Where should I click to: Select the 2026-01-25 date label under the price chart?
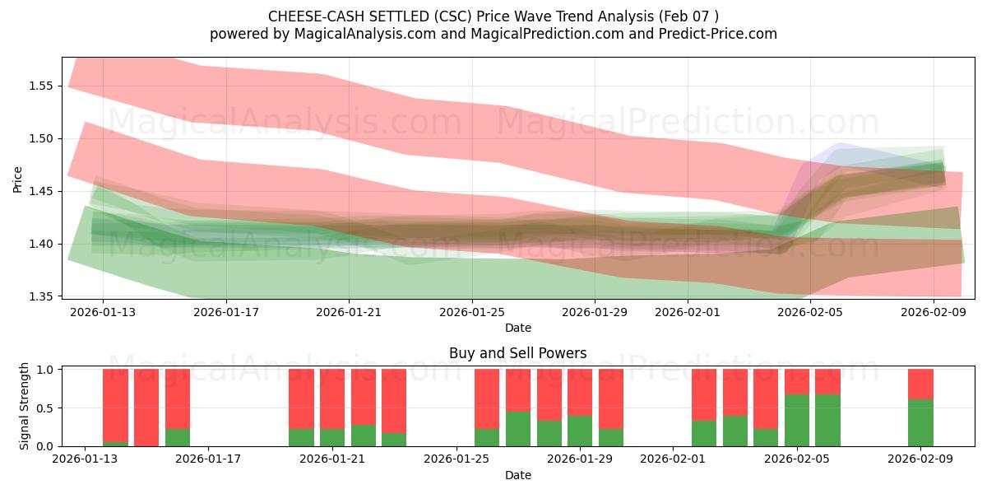472,313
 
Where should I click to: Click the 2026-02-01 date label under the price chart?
687,313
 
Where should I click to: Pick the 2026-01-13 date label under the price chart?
103,313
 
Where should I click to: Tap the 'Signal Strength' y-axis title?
25,405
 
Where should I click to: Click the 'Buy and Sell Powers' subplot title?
517,353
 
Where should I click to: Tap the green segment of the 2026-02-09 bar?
920,423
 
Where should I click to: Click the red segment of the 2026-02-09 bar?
920,384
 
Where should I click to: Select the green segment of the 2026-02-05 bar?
797,421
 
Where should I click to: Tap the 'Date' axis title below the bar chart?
517,475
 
